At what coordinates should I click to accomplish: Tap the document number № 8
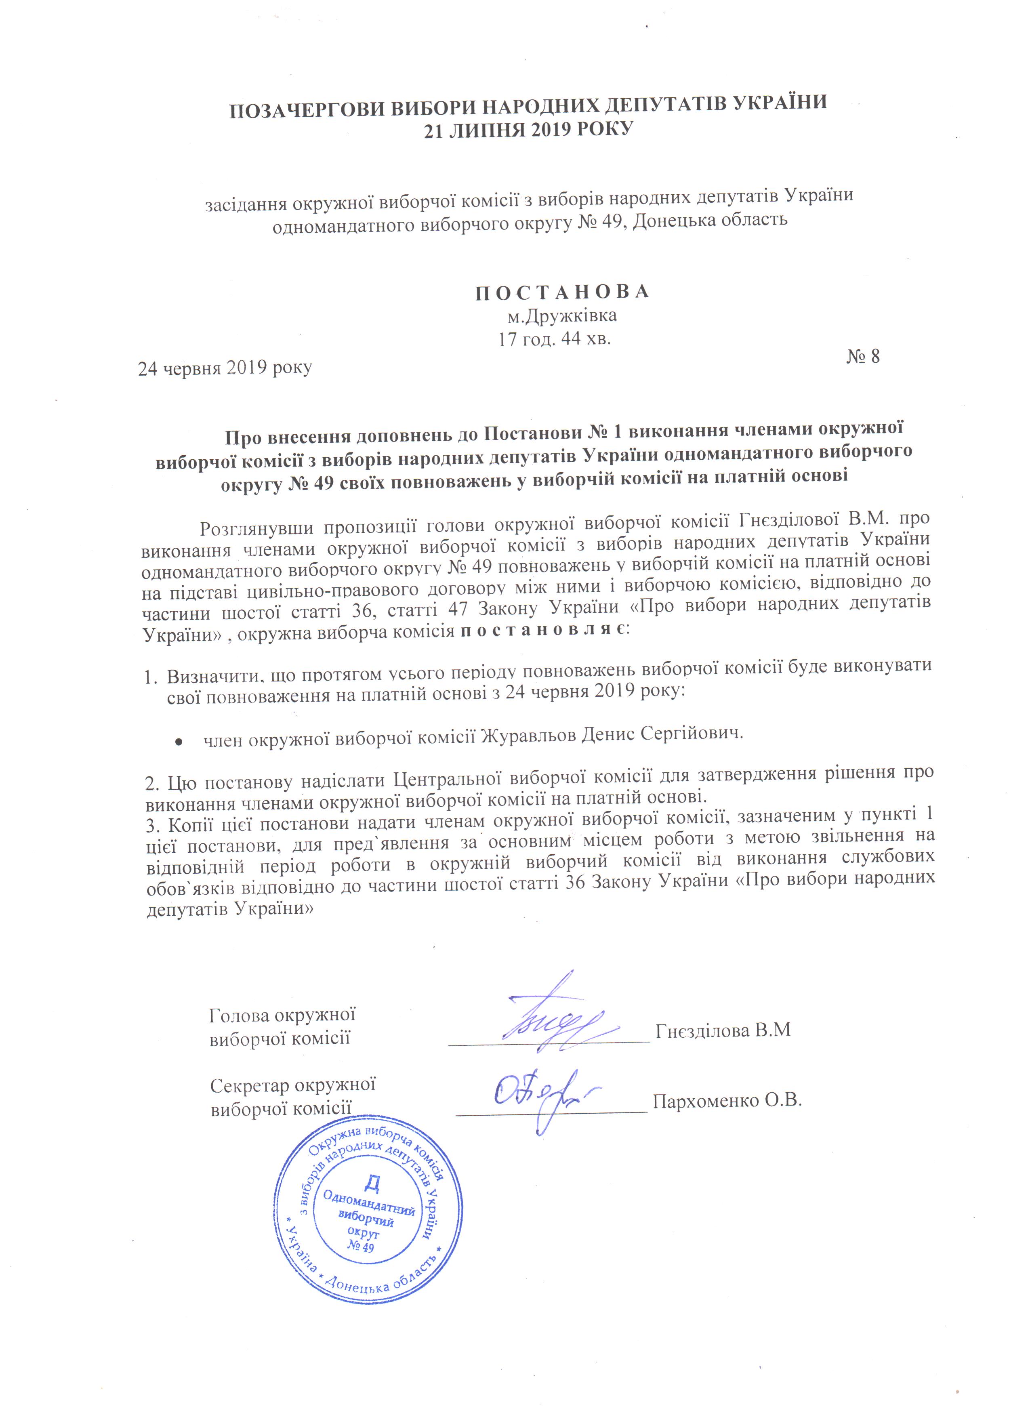click(863, 357)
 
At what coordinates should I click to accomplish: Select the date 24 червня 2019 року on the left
click(225, 368)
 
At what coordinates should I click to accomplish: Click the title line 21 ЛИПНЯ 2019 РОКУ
click(528, 130)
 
